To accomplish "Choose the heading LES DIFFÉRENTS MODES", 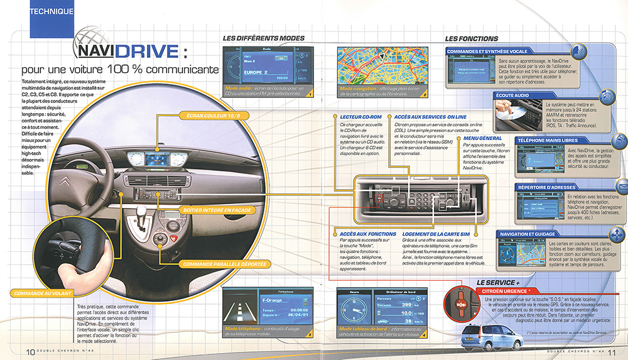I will (x=264, y=39).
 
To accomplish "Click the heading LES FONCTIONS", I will (x=471, y=39).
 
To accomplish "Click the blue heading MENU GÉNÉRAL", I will (x=482, y=138).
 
